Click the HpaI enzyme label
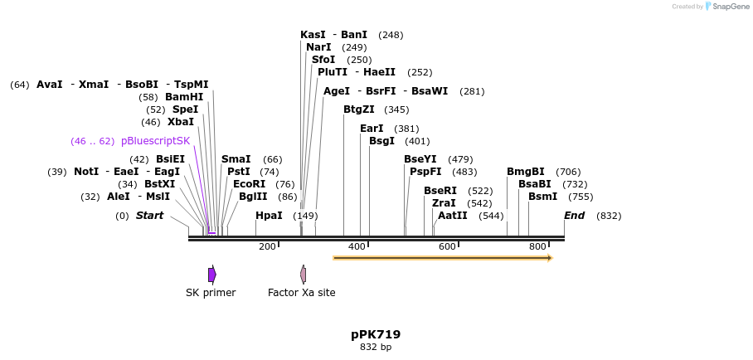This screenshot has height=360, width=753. click(x=269, y=216)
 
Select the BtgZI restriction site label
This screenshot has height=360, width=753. click(x=359, y=109)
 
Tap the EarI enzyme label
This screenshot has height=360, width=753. click(x=372, y=129)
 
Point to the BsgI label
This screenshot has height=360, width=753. click(x=381, y=141)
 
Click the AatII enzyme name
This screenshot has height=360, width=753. click(x=452, y=216)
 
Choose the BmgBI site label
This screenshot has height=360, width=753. click(x=526, y=172)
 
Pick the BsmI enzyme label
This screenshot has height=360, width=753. click(x=543, y=197)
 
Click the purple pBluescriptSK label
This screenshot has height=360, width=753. click(x=155, y=141)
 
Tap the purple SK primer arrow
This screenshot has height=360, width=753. click(x=211, y=275)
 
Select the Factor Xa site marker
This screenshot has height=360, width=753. click(x=304, y=275)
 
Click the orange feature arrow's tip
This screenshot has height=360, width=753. click(x=550, y=258)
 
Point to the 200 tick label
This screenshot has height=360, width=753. click(x=267, y=246)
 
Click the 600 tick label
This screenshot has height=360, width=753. click(x=447, y=246)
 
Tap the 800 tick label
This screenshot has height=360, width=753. click(x=537, y=246)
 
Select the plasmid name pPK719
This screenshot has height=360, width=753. click(x=376, y=334)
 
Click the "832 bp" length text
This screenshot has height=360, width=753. click(x=376, y=348)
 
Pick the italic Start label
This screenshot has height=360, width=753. click(x=149, y=216)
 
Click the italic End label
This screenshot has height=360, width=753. click(x=574, y=216)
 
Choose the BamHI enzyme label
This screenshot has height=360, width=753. click(x=184, y=97)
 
